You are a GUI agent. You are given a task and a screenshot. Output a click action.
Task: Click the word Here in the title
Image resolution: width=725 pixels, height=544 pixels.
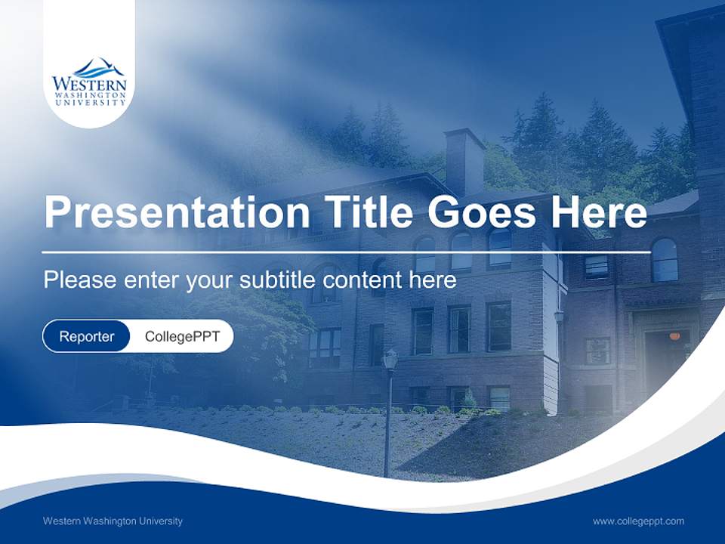[598, 212]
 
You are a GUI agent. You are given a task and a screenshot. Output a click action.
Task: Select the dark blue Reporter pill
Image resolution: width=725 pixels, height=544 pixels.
[86, 336]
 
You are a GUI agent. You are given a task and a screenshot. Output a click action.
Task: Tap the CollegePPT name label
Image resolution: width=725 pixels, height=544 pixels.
[182, 336]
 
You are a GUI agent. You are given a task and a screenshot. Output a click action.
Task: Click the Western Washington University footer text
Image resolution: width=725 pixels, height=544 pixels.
[113, 521]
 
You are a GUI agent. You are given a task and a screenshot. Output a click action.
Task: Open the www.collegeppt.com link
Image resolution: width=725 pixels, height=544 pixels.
[638, 521]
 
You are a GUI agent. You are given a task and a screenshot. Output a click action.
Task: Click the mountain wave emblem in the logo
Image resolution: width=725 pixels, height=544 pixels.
[89, 67]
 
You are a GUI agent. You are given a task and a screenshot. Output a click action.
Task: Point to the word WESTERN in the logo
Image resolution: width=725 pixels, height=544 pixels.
[89, 84]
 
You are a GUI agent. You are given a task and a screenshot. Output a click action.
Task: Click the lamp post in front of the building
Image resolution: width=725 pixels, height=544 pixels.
[389, 408]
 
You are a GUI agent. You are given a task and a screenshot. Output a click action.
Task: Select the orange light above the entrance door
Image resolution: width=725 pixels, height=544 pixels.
[674, 335]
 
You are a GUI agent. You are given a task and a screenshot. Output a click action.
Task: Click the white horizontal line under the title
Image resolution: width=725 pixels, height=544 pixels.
[346, 252]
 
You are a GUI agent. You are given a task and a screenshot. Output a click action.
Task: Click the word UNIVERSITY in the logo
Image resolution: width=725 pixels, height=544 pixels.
[89, 102]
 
